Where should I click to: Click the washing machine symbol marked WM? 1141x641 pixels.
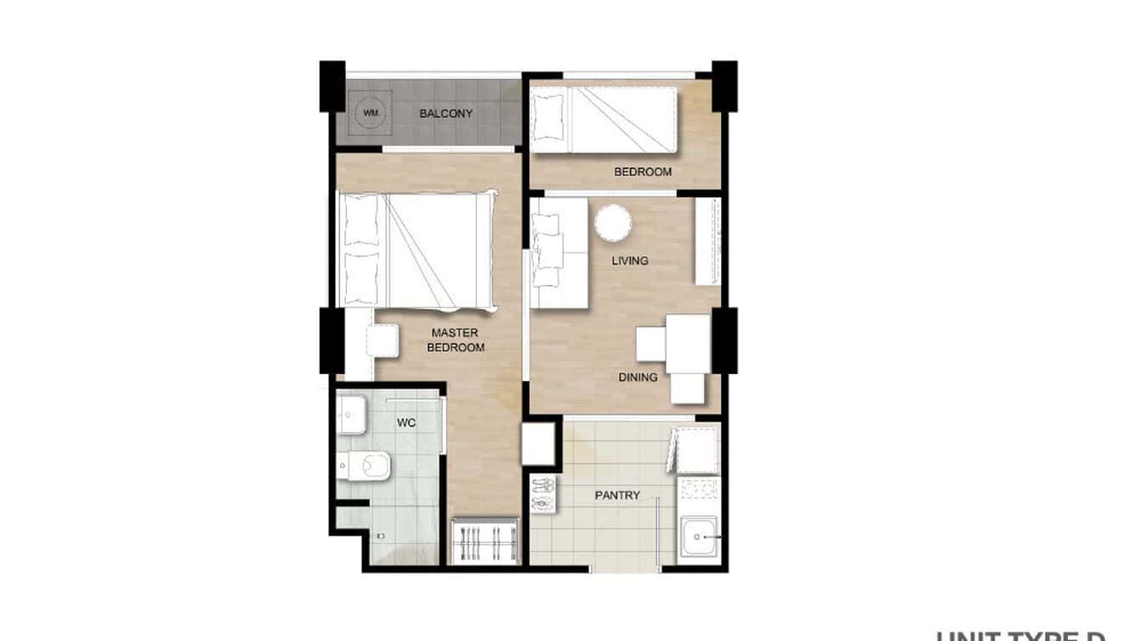point(369,113)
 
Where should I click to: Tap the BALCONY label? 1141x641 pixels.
point(446,113)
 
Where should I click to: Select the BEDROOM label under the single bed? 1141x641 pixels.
point(643,172)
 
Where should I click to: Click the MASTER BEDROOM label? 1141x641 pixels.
point(455,340)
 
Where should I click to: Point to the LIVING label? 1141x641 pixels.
point(630,260)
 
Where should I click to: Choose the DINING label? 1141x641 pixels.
point(638,377)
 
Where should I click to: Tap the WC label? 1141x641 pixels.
point(406,423)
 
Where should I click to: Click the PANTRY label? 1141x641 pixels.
point(617,495)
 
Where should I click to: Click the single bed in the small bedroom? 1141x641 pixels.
point(604,120)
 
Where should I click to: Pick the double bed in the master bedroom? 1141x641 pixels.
point(417,250)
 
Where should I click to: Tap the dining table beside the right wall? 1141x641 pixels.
point(688,344)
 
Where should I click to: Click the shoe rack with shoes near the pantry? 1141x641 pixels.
point(542,495)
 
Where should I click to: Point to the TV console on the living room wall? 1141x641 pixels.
point(707,241)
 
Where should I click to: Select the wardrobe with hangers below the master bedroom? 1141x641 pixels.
point(485,540)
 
